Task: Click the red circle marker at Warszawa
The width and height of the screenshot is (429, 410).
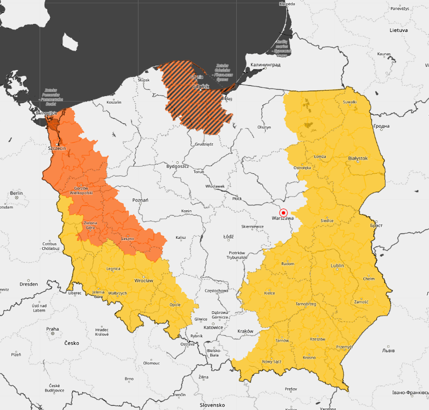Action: coord(283,212)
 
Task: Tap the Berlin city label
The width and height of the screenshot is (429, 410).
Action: coord(16,193)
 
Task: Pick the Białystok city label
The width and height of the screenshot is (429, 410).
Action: coord(358,159)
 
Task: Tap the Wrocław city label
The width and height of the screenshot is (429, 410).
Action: coord(144,281)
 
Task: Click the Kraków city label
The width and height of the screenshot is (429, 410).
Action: coord(245,331)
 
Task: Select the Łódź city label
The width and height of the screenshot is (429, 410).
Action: coord(229,237)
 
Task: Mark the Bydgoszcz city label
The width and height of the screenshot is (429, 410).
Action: coord(177,166)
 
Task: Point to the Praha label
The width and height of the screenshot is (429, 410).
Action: coord(52,329)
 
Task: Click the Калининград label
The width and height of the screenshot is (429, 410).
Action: coord(266,65)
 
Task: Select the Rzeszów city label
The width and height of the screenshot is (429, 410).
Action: coord(317,339)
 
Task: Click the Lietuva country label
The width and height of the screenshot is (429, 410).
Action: coord(398,30)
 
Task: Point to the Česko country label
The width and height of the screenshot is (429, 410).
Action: coord(72,343)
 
